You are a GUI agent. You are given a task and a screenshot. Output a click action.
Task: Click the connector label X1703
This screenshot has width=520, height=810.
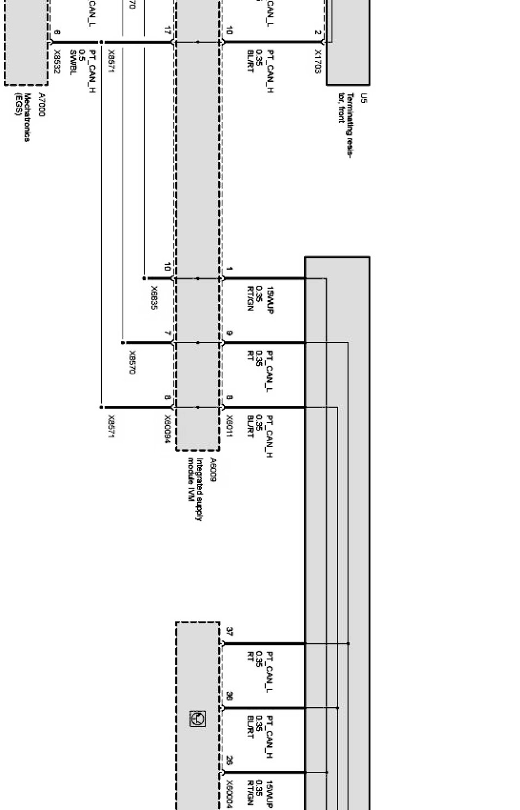[x=318, y=62]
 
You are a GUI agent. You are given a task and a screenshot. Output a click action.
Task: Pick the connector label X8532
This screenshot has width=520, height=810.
[x=57, y=62]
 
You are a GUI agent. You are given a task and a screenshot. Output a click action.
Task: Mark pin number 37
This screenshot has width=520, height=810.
[x=229, y=632]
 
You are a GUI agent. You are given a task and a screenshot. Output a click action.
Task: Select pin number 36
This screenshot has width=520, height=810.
[x=229, y=696]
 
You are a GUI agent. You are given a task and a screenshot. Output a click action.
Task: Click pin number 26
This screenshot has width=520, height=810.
[x=229, y=760]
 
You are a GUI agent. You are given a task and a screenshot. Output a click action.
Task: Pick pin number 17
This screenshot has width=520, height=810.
[x=167, y=31]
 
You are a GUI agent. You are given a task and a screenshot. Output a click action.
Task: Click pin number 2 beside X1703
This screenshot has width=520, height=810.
[x=317, y=32]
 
